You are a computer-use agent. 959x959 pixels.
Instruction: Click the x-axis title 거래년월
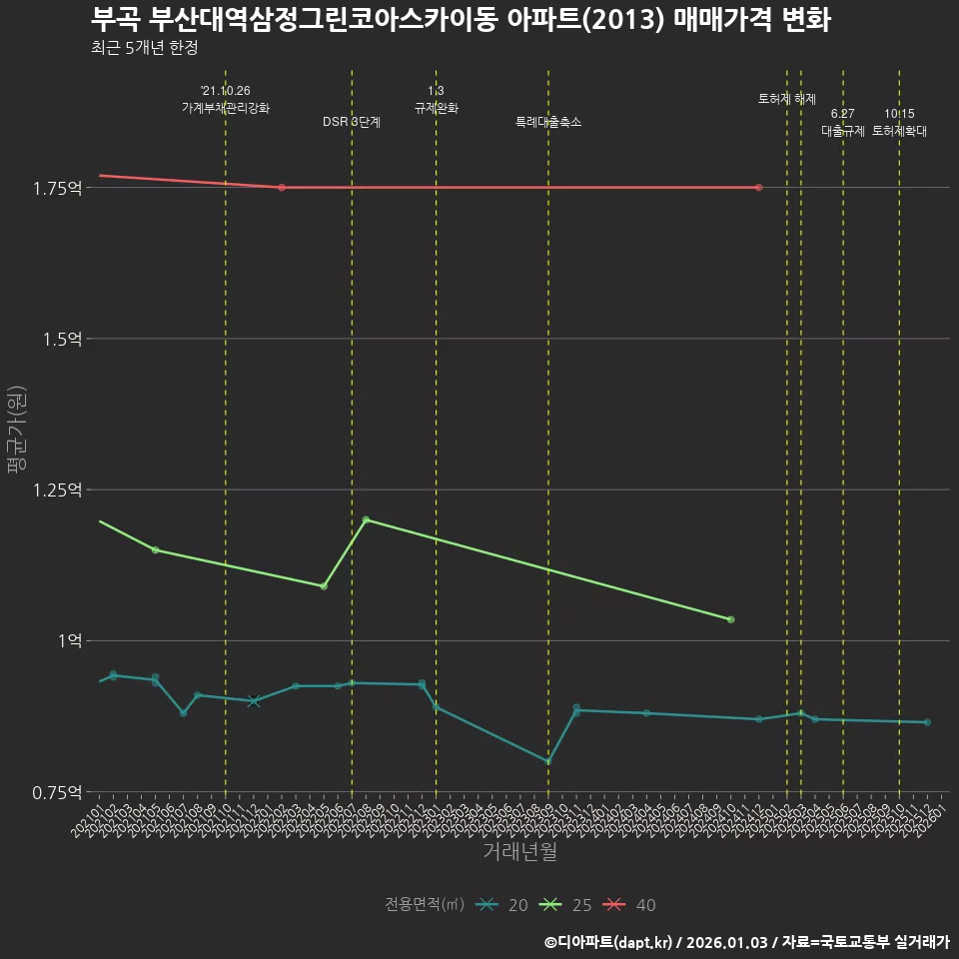tap(519, 852)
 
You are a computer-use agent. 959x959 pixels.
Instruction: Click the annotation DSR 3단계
tap(352, 122)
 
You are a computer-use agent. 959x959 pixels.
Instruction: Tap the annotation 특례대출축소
tap(548, 122)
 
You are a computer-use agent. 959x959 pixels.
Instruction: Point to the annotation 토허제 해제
tap(787, 99)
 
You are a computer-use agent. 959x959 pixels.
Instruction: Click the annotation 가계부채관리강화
tap(226, 107)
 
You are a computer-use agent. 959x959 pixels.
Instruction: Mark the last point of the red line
tap(759, 188)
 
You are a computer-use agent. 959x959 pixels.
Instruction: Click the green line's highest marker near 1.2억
tap(366, 519)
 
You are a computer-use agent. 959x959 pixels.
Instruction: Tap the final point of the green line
tap(731, 619)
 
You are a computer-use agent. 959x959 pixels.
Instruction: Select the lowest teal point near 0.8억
tap(548, 761)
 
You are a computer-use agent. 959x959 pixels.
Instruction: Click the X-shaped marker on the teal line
tap(254, 701)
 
